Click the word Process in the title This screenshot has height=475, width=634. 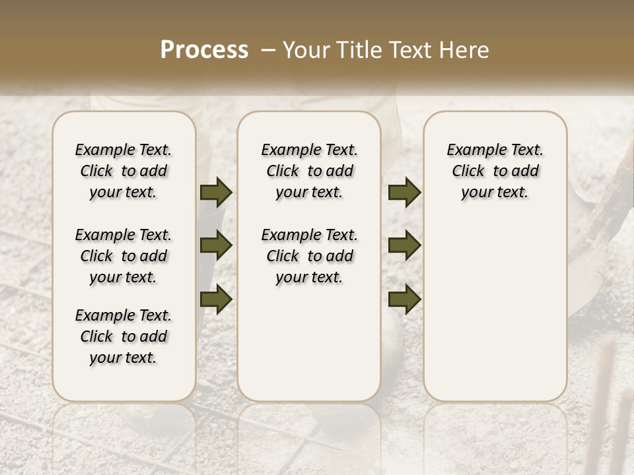click(204, 50)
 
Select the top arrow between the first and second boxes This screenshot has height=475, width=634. click(216, 192)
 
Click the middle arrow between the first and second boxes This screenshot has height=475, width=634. click(216, 245)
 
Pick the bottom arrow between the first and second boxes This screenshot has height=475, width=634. click(216, 299)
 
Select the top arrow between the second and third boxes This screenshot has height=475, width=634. click(404, 192)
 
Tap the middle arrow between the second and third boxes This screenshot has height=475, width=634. click(404, 245)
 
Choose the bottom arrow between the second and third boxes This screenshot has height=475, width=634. click(404, 299)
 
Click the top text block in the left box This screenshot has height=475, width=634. click(123, 171)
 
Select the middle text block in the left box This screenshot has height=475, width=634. click(123, 256)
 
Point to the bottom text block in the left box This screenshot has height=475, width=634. click(123, 336)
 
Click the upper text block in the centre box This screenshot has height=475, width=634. click(309, 171)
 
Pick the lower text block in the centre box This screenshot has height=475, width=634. click(309, 256)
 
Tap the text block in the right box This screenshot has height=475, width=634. click(495, 171)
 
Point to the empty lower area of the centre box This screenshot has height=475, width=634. click(309, 343)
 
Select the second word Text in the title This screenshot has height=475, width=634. click(409, 50)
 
